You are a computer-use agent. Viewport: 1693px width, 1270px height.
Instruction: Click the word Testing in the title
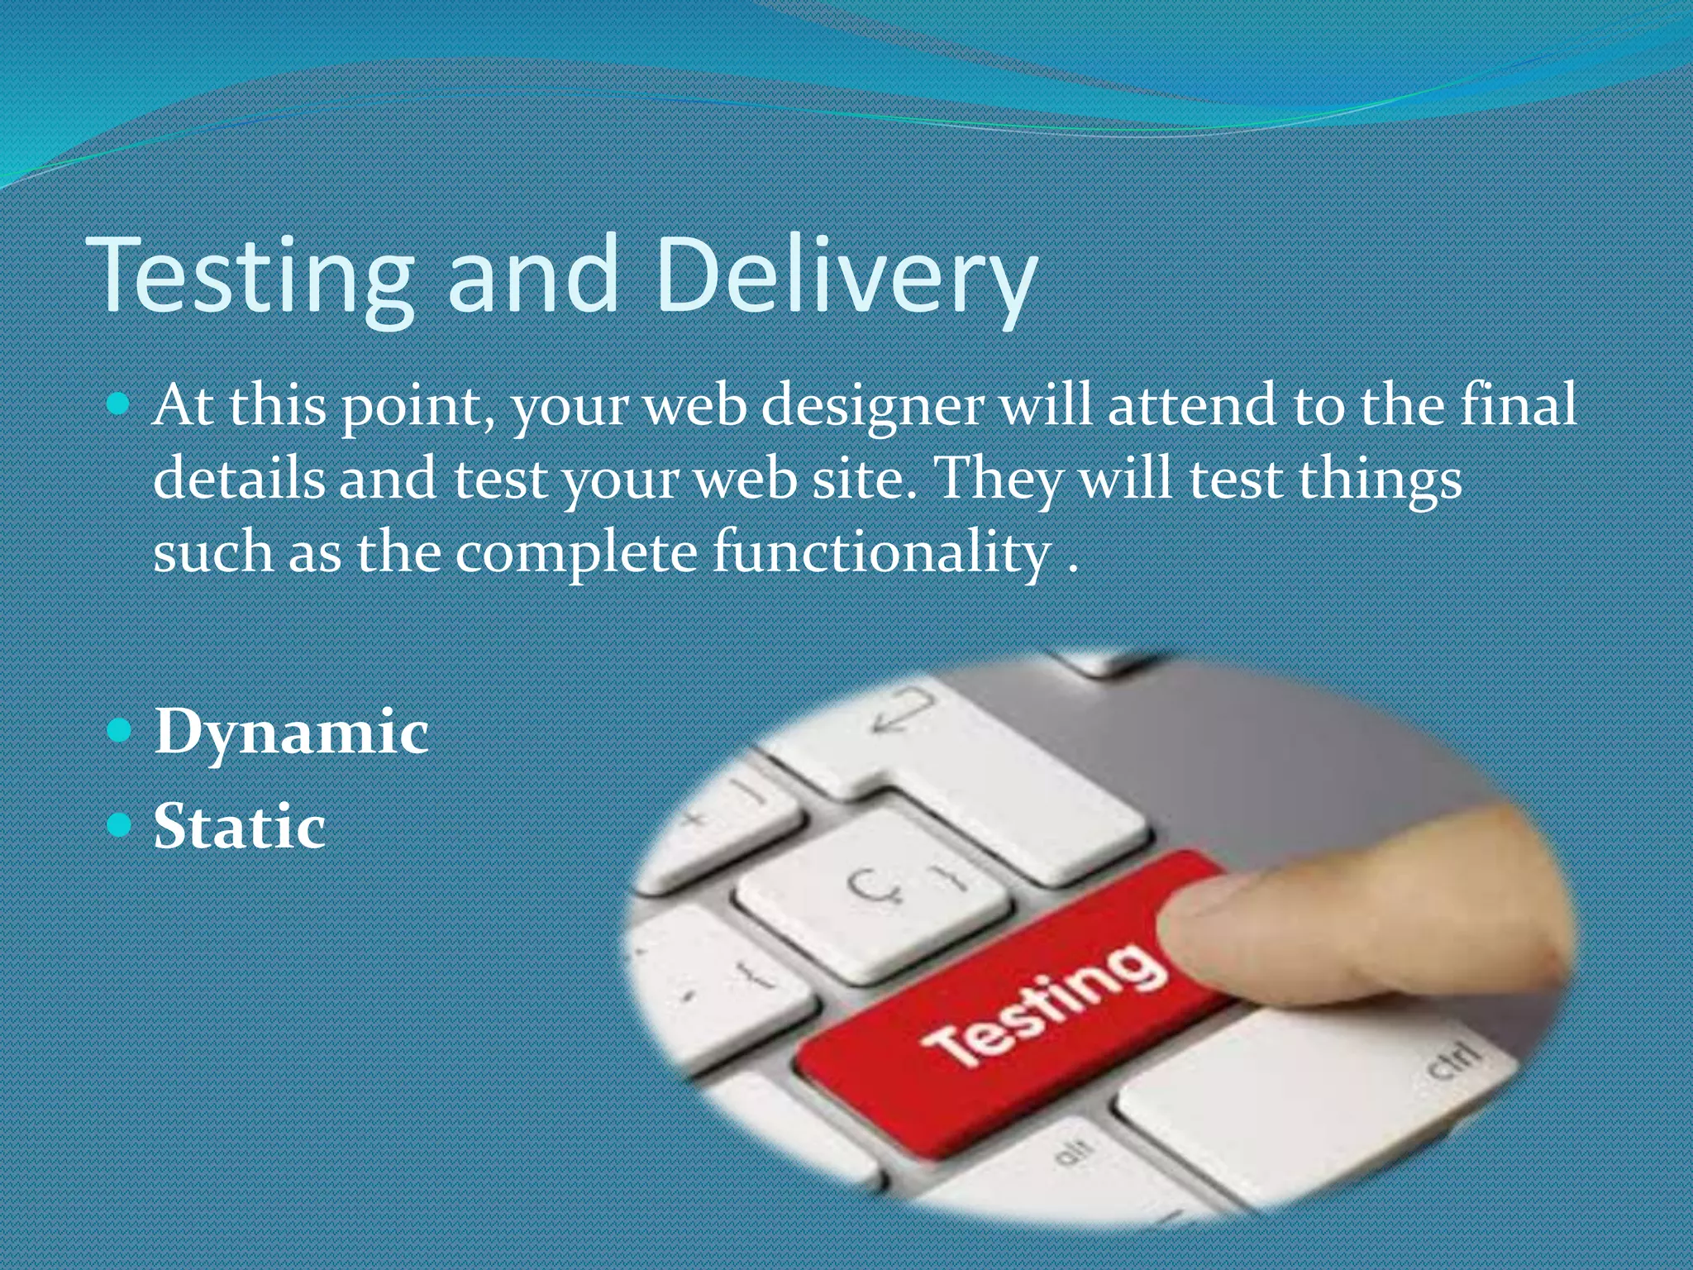coord(252,277)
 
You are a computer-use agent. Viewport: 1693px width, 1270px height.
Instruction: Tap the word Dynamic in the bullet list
coord(291,732)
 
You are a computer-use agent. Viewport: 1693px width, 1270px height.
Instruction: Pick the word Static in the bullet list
coord(240,826)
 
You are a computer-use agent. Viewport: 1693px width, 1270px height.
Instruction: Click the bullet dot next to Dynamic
coord(120,730)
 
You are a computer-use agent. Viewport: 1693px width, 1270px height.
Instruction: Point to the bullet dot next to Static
coord(120,824)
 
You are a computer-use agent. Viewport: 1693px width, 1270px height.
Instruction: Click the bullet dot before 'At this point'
coord(120,404)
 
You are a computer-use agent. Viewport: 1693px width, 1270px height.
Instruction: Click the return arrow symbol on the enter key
coord(905,711)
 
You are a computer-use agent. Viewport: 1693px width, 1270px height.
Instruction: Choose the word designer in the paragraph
coord(872,407)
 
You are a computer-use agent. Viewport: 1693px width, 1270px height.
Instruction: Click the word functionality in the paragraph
coord(881,552)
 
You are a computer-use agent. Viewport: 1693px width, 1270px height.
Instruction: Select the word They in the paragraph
coord(1000,480)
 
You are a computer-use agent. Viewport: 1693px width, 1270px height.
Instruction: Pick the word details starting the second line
coord(239,479)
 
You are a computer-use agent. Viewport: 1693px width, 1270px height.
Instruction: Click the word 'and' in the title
coord(533,277)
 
